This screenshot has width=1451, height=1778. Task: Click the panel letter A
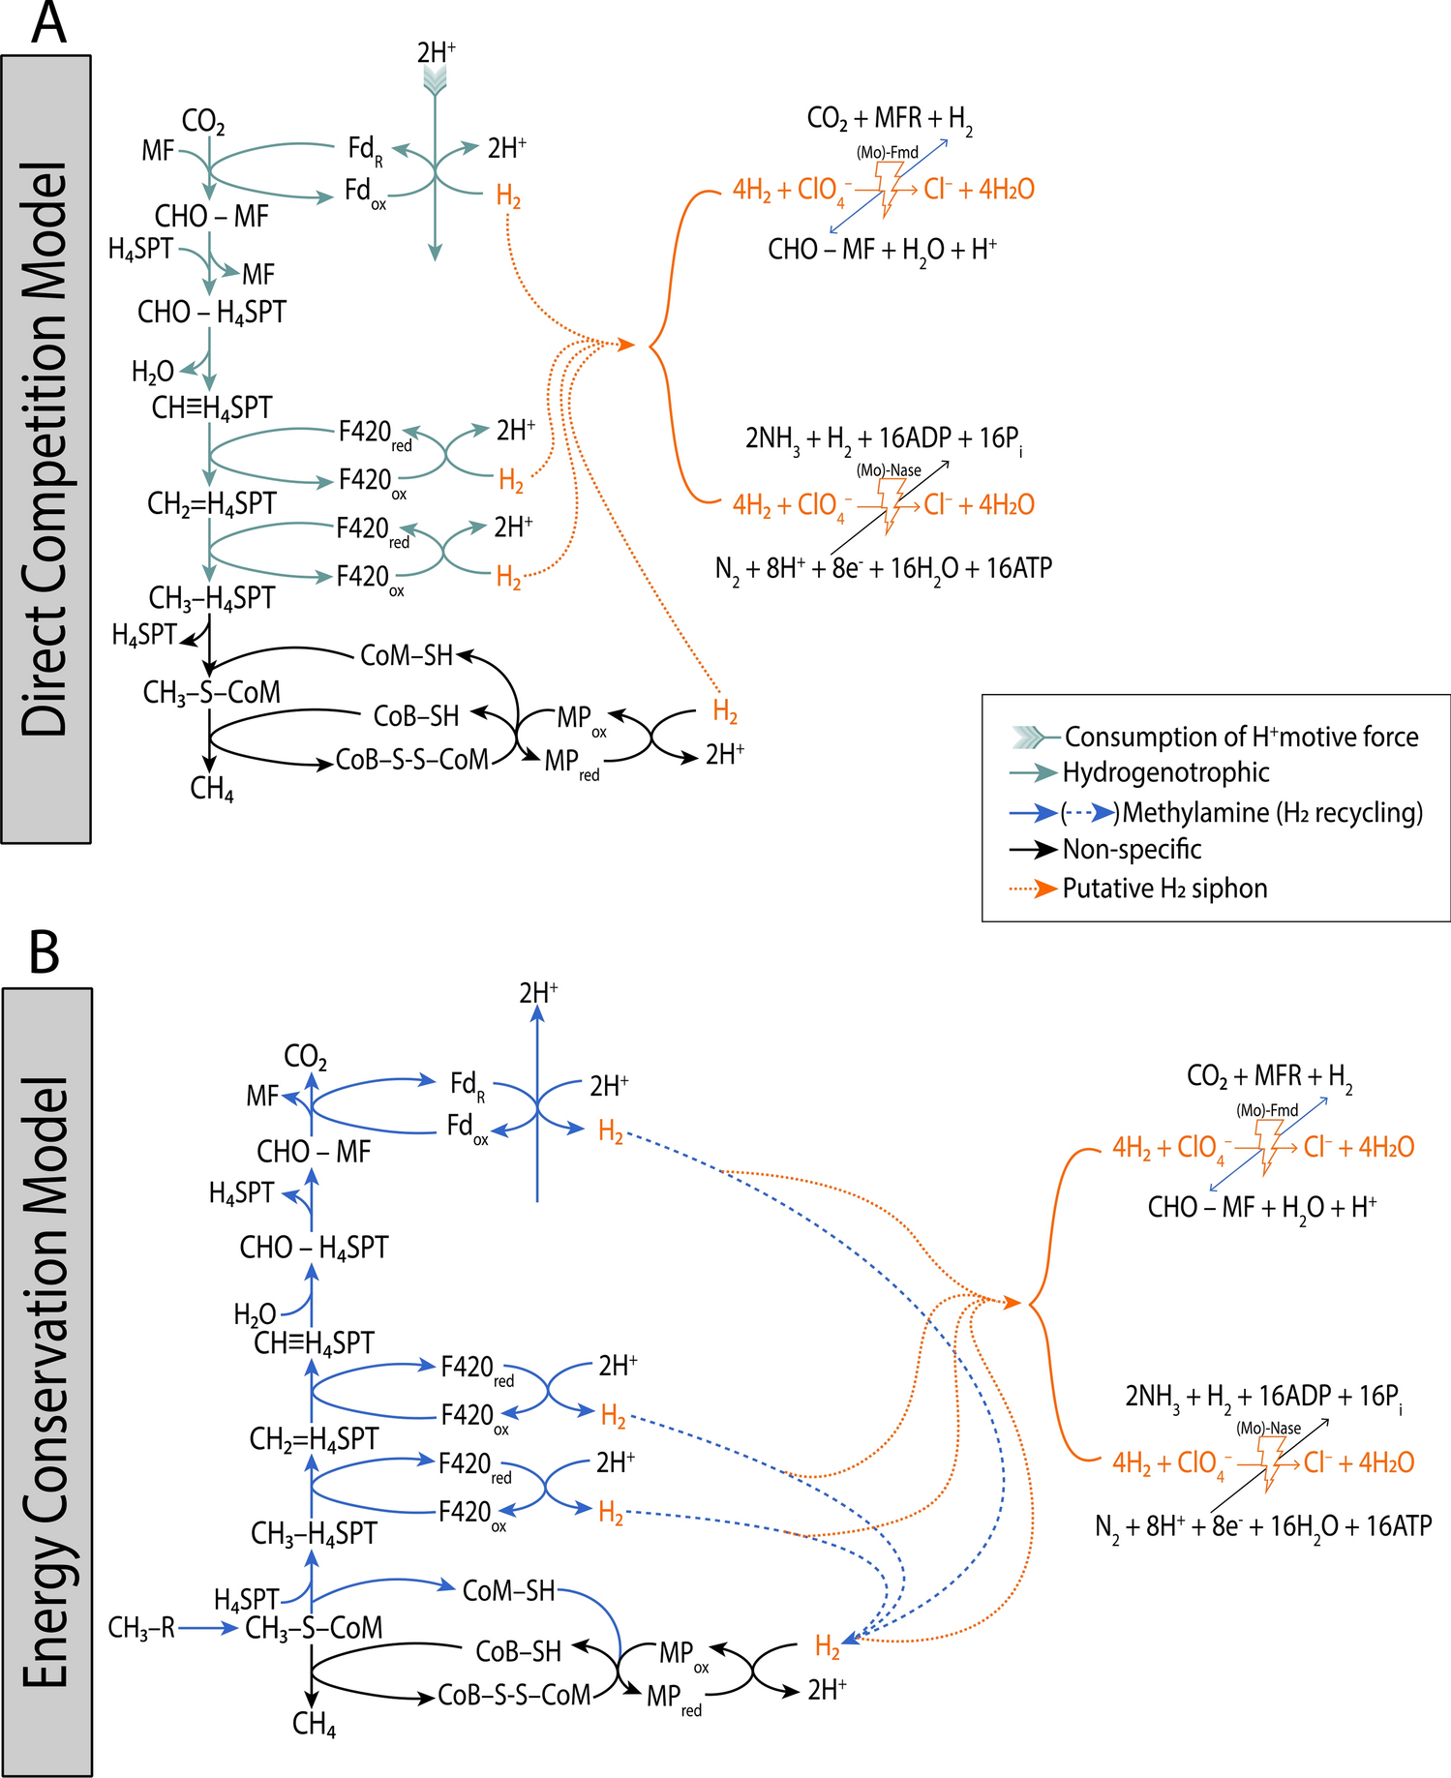(x=48, y=23)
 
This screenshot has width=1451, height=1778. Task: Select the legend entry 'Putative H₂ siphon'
(x=1164, y=889)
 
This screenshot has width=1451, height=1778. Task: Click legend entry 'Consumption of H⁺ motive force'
(x=1241, y=737)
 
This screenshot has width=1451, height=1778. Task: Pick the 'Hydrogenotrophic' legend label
(x=1165, y=772)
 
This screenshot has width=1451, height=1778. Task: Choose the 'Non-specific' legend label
(x=1132, y=850)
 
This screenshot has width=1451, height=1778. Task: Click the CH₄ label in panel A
(x=212, y=789)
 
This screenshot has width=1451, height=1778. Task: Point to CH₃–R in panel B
(x=141, y=1629)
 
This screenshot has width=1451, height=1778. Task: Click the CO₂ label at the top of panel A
(x=203, y=122)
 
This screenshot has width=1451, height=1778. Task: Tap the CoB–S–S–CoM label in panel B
(x=514, y=1696)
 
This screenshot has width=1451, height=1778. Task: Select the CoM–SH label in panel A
(x=407, y=655)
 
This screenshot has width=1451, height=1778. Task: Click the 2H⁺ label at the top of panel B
(x=538, y=993)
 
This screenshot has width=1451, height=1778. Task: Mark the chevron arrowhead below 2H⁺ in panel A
(x=436, y=82)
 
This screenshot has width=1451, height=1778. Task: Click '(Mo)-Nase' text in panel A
(x=889, y=470)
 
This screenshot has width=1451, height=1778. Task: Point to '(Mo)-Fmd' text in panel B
(x=1267, y=1110)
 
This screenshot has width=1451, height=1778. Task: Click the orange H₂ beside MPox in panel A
(x=725, y=712)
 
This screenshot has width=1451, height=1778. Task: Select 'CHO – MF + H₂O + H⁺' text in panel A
(x=883, y=250)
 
